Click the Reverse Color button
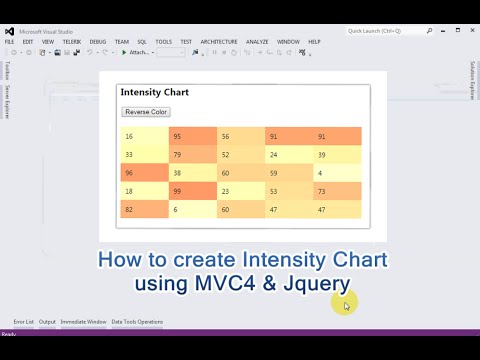coord(146,112)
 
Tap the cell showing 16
coord(143,136)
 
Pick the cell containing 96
coord(143,173)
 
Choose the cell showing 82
coord(143,209)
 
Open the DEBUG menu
coord(98,42)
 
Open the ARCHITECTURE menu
coord(218,42)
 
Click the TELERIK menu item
coord(71,42)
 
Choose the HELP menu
coord(314,42)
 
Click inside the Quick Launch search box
coord(385,31)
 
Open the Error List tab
coord(23,322)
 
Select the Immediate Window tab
coord(83,322)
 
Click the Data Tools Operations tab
coord(137,322)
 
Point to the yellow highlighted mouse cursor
coord(347,305)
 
